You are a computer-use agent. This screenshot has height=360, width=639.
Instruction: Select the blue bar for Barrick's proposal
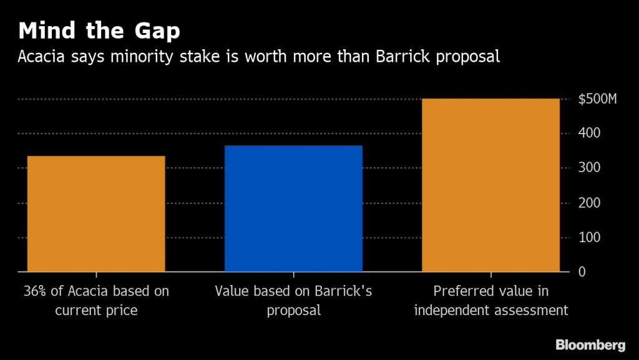pyautogui.click(x=293, y=209)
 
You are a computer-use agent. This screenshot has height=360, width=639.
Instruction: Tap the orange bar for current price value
pyautogui.click(x=96, y=214)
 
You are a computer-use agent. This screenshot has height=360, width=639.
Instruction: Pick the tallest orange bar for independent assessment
pyautogui.click(x=490, y=185)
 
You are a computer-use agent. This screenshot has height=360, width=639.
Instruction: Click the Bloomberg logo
pyautogui.click(x=590, y=344)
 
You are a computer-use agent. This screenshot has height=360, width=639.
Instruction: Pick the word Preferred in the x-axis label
pyautogui.click(x=462, y=291)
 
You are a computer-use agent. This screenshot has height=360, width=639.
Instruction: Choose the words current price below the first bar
pyautogui.click(x=96, y=310)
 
